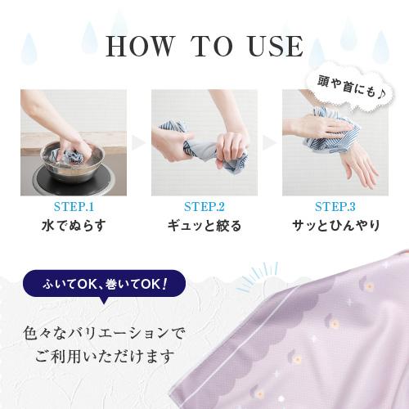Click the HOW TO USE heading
pyautogui.click(x=204, y=47)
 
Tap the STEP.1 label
pyautogui.click(x=74, y=208)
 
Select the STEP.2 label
pyautogui.click(x=204, y=208)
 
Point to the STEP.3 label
pyautogui.click(x=335, y=208)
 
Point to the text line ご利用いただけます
pyautogui.click(x=105, y=357)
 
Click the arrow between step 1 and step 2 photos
pyautogui.click(x=139, y=142)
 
